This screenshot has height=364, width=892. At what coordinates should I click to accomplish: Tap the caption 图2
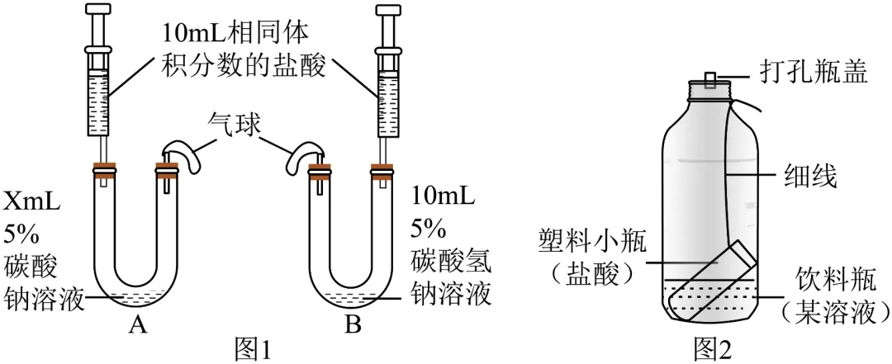tap(714, 348)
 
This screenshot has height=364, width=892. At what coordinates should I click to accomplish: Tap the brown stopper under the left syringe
tap(105, 171)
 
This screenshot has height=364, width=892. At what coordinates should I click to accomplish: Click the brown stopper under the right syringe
tap(382, 171)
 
